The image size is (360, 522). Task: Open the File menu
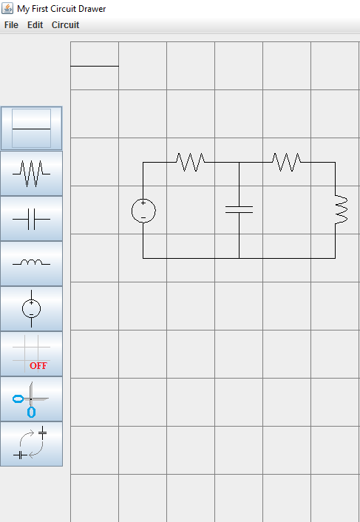11,25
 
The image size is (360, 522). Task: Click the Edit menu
35,25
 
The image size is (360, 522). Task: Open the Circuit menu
65,25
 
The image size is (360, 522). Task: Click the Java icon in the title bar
7,8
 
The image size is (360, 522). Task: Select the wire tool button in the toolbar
31,128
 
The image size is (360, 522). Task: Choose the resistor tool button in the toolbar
31,174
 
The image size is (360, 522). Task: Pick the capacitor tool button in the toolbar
31,219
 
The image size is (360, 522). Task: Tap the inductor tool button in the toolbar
31,264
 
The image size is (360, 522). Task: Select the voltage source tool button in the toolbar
31,308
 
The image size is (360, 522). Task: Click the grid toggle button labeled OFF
31,354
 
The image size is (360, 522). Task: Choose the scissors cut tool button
31,399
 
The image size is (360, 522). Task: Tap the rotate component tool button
31,444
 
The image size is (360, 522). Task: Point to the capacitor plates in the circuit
239,210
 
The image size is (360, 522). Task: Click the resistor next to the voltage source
191,162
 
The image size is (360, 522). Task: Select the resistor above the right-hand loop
287,162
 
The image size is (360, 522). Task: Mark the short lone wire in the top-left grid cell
95,67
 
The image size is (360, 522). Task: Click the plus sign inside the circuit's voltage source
143,203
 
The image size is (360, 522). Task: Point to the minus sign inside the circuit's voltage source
143,217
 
